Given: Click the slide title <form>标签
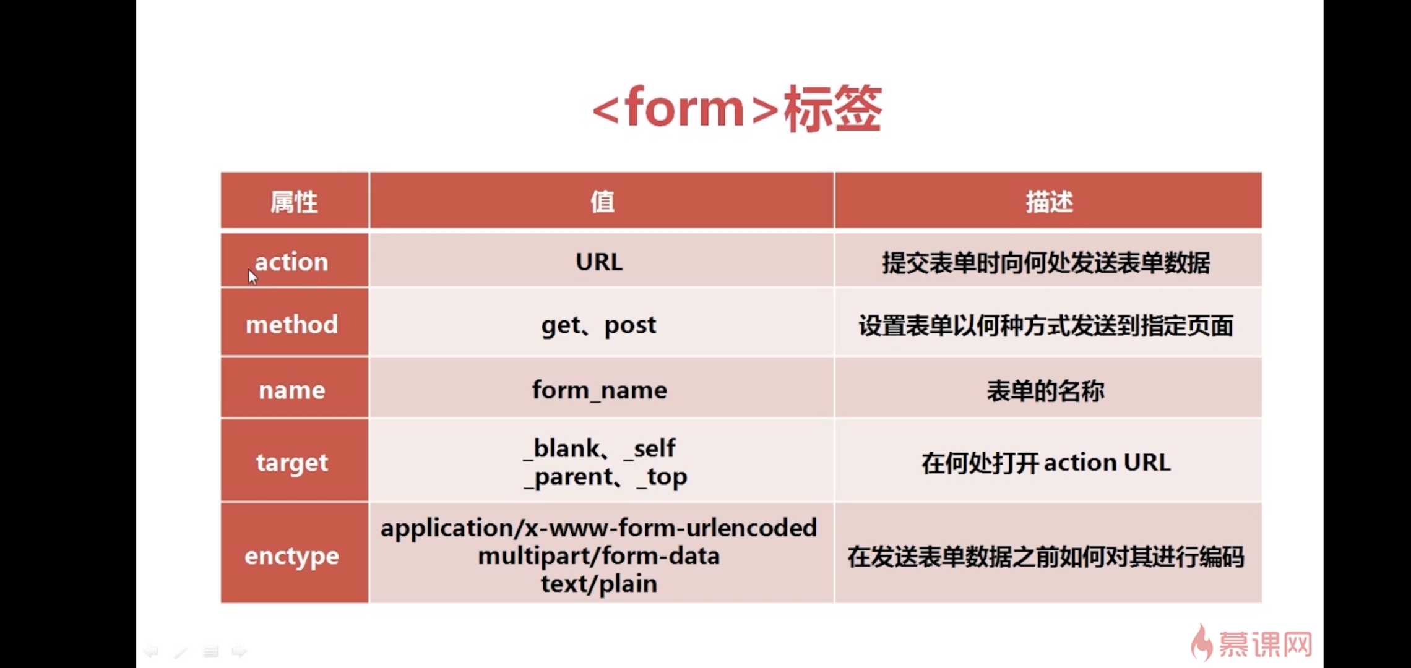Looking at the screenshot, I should point(736,109).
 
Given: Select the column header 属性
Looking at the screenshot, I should point(294,202).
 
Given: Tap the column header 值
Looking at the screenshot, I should point(602,202).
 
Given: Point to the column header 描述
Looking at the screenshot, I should point(1049,202).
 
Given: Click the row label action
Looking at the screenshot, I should point(291,262).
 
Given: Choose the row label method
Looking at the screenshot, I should point(292,325).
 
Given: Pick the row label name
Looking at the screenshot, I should point(292,390).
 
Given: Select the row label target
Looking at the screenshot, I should point(292,463).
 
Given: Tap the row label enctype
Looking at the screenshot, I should point(292,556).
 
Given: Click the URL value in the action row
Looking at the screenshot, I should point(599,262).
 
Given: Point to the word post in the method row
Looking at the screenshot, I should point(630,325).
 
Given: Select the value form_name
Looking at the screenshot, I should point(599,390).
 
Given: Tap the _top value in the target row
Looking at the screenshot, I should point(662,477).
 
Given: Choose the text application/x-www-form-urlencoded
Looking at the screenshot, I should point(599,528).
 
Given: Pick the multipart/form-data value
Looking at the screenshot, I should point(599,556).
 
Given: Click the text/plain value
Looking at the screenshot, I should point(599,584).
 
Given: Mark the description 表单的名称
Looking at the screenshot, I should point(1046,391).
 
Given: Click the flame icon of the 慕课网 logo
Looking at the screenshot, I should point(1201,643).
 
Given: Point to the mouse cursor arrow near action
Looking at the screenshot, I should point(252,276).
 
